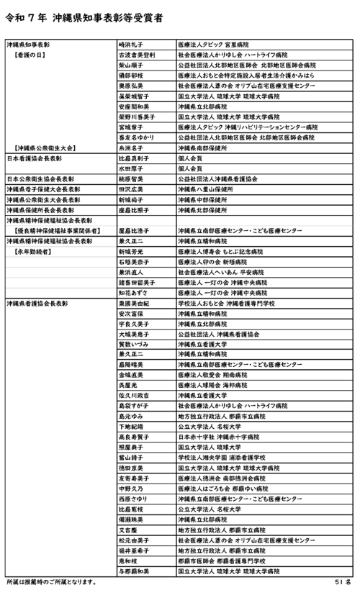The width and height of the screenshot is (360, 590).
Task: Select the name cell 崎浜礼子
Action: click(x=132, y=45)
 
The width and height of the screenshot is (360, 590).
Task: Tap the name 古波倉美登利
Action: click(x=136, y=55)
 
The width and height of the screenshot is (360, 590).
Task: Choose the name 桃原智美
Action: click(x=132, y=178)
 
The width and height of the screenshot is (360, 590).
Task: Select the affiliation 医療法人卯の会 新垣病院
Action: click(x=217, y=263)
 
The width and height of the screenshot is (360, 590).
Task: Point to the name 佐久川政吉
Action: click(x=134, y=395)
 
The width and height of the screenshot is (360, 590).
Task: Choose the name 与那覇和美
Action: click(x=134, y=571)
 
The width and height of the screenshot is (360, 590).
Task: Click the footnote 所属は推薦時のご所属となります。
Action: click(x=51, y=581)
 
